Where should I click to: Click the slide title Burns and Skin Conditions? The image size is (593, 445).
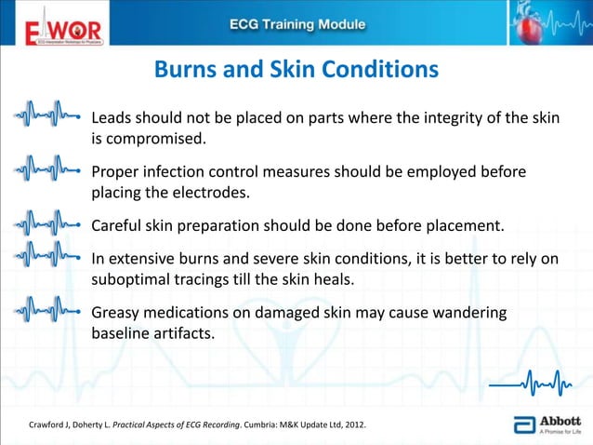296,70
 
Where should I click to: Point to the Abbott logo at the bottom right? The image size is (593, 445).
551,424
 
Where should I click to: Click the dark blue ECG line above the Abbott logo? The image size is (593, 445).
529,382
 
